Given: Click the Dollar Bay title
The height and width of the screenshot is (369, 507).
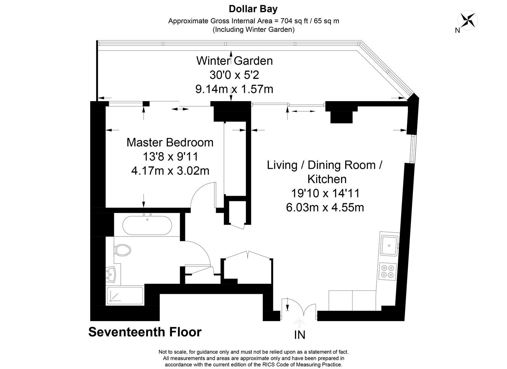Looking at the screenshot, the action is pos(253,9).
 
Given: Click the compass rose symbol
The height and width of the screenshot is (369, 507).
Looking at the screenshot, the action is pos(467,20).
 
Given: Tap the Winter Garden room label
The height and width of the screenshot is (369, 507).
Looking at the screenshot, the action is pos(235,60).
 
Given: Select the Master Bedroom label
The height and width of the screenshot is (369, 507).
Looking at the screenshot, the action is pos(170,142).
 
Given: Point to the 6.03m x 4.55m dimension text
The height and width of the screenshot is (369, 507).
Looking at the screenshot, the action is pos(325,207).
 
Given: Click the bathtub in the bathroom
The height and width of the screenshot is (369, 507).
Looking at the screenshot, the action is pos(147,225).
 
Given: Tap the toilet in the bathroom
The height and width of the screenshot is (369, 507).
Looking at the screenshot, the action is pos(123,250).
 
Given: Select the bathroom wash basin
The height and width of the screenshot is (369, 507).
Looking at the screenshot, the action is pos(111,274).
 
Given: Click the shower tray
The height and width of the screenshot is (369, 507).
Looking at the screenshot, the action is pos(125,296).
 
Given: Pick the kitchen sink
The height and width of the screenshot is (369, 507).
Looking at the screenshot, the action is pos(389,245).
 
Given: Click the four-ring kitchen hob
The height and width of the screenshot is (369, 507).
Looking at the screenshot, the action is pos(387,272).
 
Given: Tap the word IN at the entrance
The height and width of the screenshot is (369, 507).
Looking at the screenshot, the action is pos(300,335).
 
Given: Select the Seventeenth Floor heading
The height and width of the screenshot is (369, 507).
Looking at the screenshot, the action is pos(145,332).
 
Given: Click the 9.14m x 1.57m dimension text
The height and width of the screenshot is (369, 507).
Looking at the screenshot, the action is pos(234,89).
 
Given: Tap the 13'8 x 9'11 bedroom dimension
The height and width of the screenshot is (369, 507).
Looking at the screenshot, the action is pos(170,156).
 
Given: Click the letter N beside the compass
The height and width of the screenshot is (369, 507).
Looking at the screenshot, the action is pos(457,30).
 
